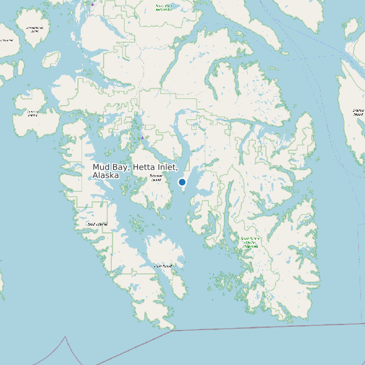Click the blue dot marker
pos(182,182)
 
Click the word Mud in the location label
pos(100,166)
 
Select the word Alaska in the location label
pos(106,175)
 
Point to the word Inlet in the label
pos(167,166)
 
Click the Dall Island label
pos(97,224)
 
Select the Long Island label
pos(163,266)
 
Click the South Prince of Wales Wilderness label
pos(251,242)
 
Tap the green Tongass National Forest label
pos(164,7)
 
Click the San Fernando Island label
pos(33,29)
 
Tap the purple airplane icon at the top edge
pos(92,4)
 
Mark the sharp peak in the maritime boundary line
pos(66,336)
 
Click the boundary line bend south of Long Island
pos(173,330)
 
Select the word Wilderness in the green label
pos(251,246)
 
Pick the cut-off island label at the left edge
pos(5,40)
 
